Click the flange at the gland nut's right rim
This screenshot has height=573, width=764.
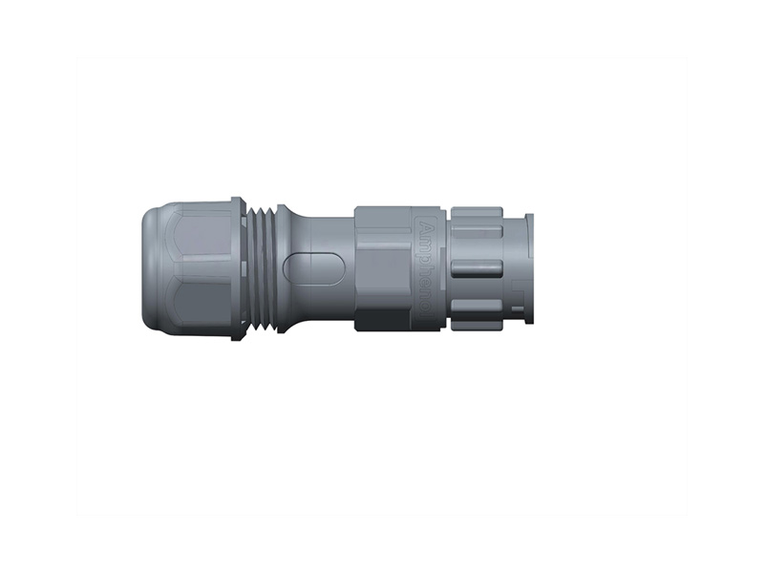[x=238, y=267]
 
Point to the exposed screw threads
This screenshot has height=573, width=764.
[x=262, y=267]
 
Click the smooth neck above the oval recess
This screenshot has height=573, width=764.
[x=325, y=233]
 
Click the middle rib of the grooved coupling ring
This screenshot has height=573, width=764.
[x=477, y=267]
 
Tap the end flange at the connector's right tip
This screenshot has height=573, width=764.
[x=529, y=267]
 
